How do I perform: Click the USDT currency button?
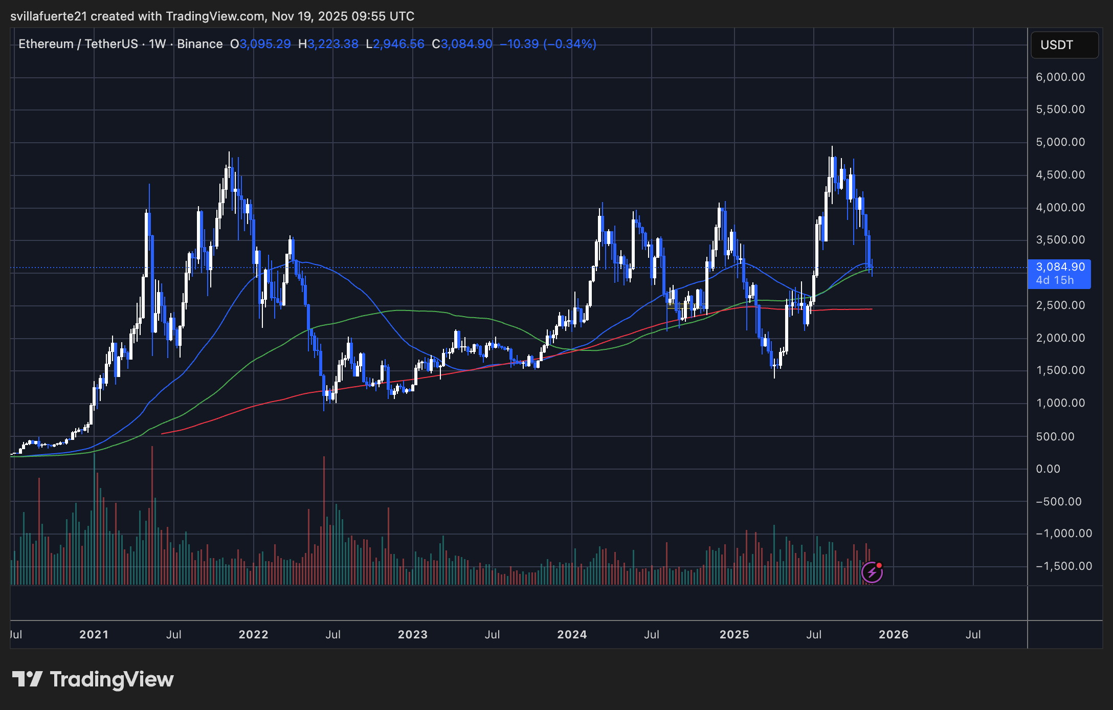click(x=1064, y=45)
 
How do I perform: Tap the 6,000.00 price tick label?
click(x=1060, y=77)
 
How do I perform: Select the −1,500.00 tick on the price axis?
click(x=1063, y=566)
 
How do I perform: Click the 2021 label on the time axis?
click(x=94, y=635)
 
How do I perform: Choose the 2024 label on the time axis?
click(x=572, y=635)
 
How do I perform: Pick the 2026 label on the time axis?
click(x=894, y=635)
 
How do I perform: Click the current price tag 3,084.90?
click(x=1060, y=267)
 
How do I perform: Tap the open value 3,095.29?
click(x=265, y=45)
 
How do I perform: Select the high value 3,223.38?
click(x=333, y=45)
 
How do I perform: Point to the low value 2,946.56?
click(x=398, y=45)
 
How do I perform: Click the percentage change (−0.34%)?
click(x=570, y=45)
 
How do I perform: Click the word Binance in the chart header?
click(x=199, y=45)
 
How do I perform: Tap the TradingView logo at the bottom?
click(x=93, y=679)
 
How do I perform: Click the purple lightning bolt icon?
click(x=872, y=572)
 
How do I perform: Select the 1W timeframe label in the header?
click(x=158, y=45)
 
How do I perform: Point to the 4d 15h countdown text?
click(x=1055, y=280)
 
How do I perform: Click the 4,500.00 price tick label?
click(x=1060, y=175)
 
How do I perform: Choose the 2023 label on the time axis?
click(x=413, y=635)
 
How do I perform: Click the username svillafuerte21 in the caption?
click(x=49, y=16)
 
